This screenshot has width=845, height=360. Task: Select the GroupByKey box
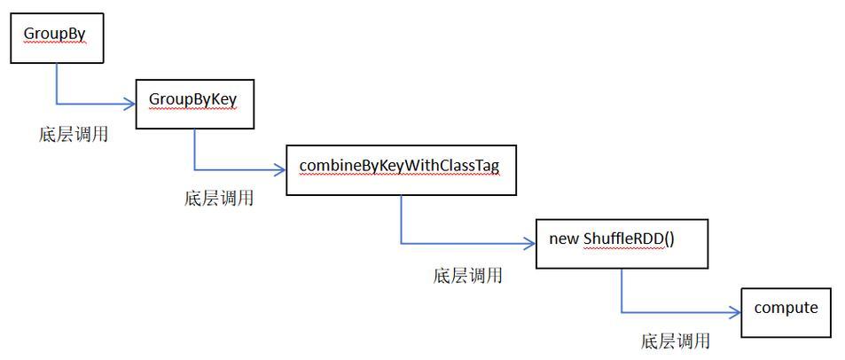[x=193, y=103]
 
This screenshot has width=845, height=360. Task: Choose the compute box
[x=786, y=312]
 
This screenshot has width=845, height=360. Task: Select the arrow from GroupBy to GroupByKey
[x=89, y=102]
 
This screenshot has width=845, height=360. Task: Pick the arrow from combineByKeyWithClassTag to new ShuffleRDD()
[x=461, y=242]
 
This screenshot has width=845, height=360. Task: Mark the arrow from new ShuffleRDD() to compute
[x=674, y=312]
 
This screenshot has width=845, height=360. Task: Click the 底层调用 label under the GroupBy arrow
[x=74, y=135]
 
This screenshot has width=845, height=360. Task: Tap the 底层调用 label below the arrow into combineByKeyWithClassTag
[x=218, y=199]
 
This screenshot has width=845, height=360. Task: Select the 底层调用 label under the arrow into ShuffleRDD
[x=468, y=276]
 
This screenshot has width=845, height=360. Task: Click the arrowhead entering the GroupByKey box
[x=129, y=102]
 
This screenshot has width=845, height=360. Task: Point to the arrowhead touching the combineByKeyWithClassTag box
[x=280, y=168]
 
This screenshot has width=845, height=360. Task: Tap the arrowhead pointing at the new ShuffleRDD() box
[x=530, y=242]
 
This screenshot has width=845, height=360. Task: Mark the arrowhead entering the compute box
[x=735, y=312]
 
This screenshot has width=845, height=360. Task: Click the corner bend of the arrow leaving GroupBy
[x=57, y=102]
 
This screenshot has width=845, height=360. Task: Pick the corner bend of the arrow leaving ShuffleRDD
[x=621, y=312]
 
